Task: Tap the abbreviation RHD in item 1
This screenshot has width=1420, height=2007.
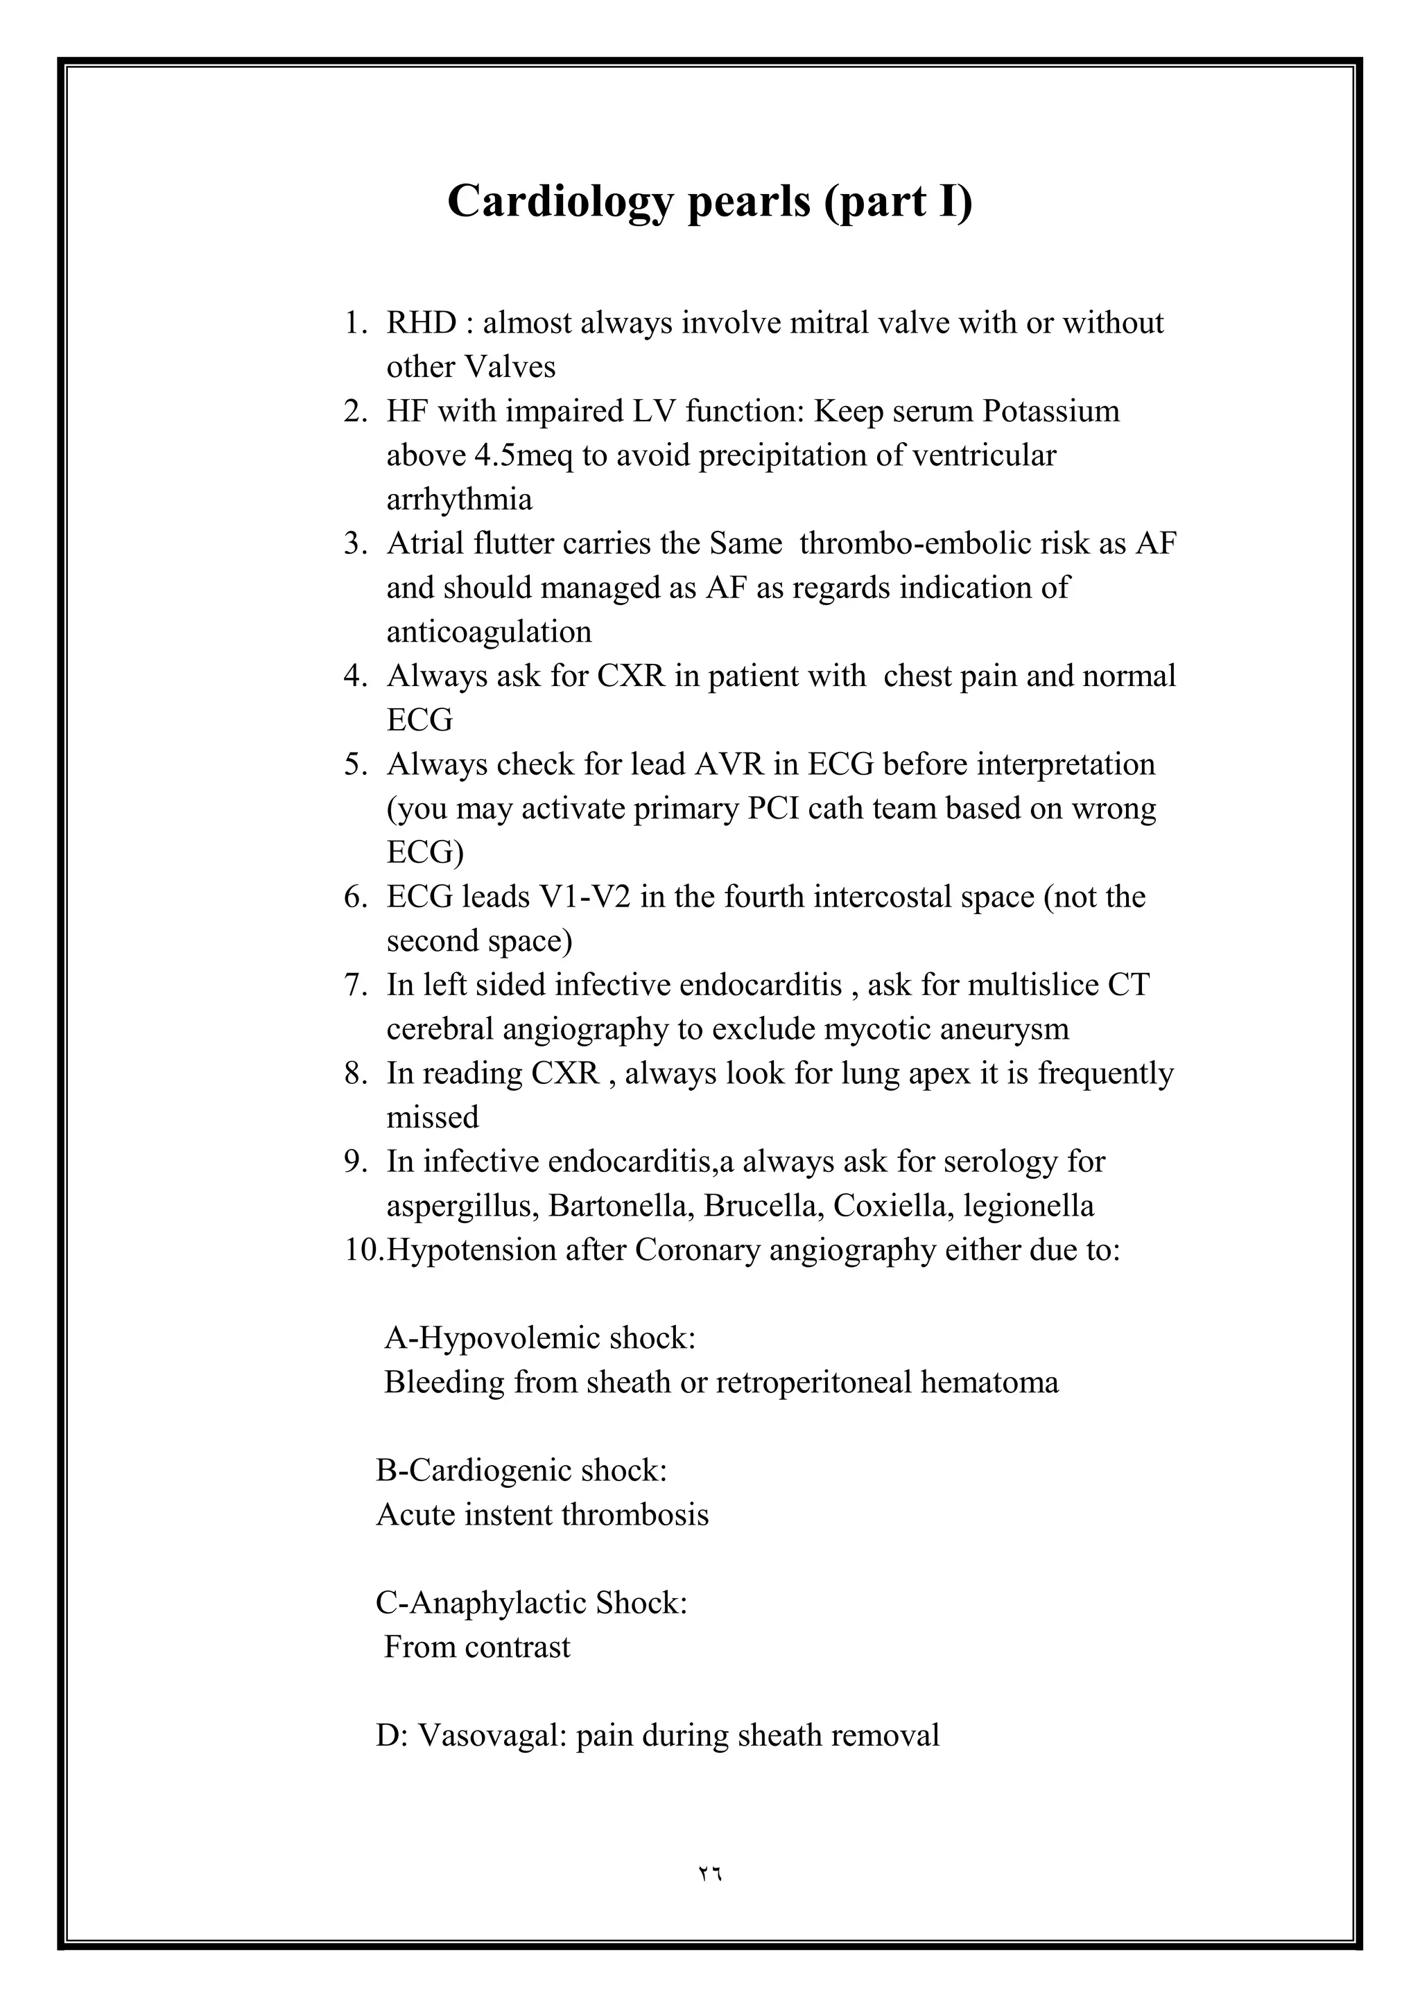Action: pos(422,324)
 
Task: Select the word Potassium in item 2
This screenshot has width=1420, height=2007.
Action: pos(1050,411)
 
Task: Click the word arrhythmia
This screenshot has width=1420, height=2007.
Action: pos(459,500)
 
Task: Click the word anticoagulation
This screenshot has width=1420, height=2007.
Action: pos(489,632)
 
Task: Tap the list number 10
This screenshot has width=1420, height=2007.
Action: pos(362,1250)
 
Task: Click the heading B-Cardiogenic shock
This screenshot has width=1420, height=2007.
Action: pos(521,1471)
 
